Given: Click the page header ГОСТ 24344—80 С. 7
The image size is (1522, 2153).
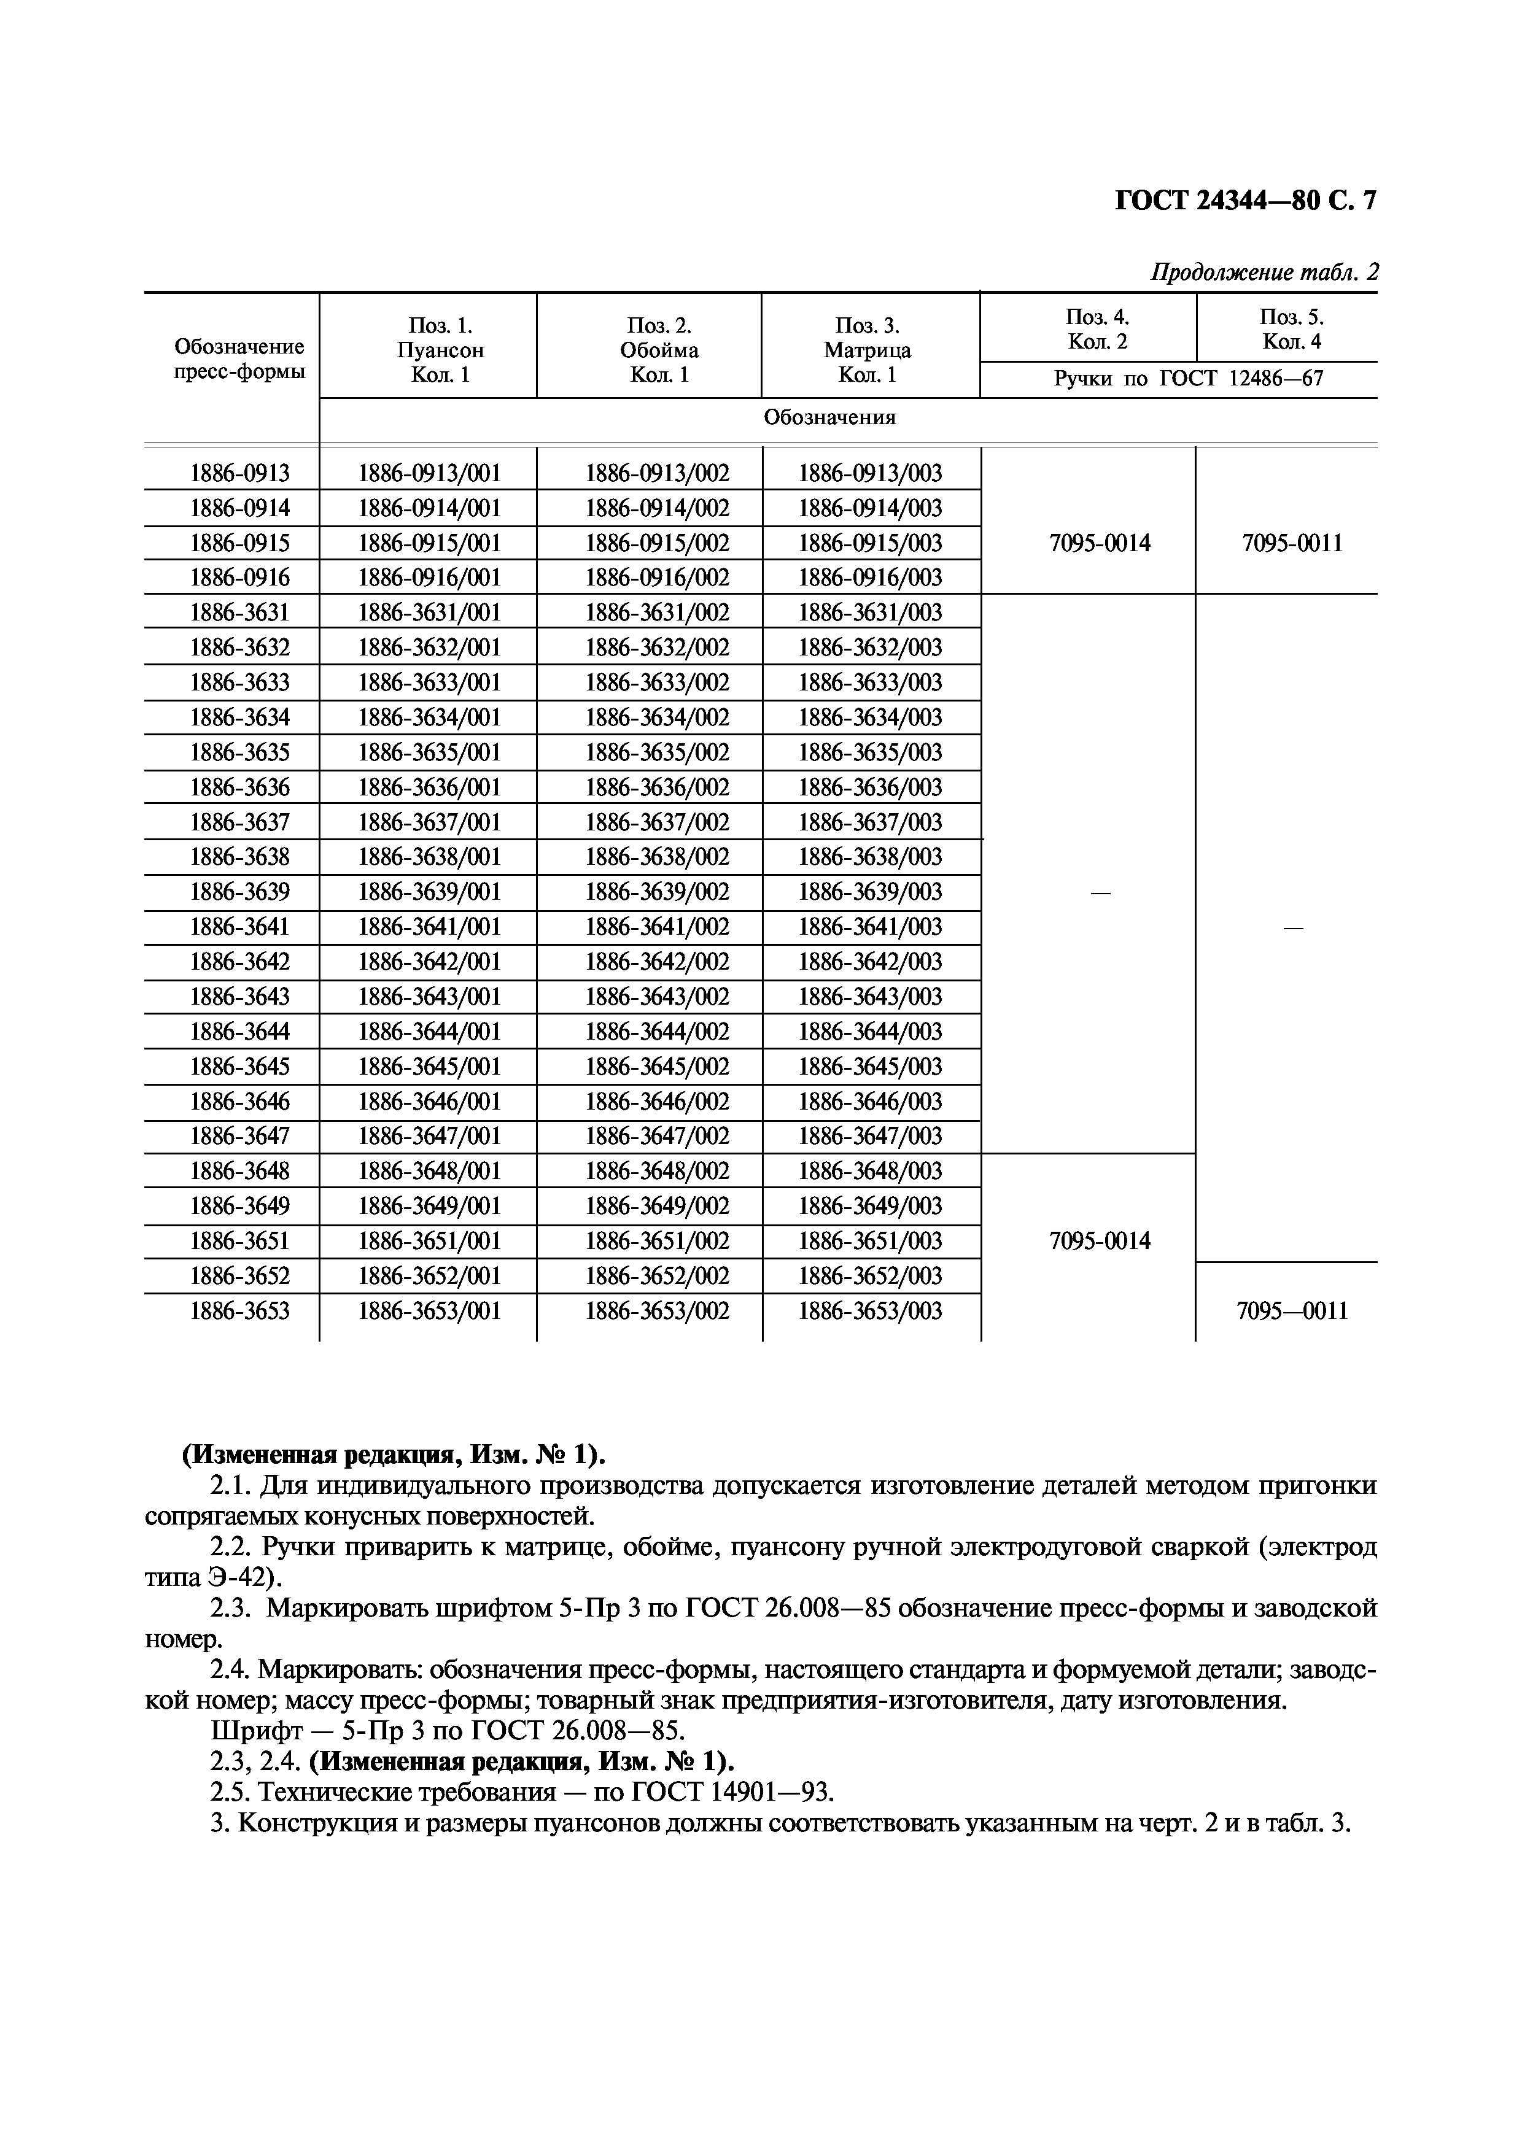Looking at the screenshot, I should coord(1245,201).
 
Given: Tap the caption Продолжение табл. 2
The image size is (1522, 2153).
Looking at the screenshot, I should coord(1264,273).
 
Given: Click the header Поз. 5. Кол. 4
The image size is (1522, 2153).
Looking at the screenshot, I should coord(1291,328).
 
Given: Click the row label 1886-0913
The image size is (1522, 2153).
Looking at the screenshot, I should coord(240,474).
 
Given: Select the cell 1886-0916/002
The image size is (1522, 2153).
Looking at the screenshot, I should coord(658,578).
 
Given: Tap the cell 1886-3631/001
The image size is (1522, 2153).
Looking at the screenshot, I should coord(430,613).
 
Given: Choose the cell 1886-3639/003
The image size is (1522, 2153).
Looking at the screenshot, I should coord(870,892).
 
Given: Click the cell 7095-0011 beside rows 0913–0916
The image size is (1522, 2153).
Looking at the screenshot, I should coord(1291,543).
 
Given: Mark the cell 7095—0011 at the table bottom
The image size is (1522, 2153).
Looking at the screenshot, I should coord(1291,1311).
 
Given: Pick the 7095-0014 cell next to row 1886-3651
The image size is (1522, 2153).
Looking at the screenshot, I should coord(1099,1242).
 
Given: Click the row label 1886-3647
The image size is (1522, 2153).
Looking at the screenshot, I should coord(240,1137).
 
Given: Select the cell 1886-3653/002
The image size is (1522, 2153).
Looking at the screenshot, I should coord(658,1311).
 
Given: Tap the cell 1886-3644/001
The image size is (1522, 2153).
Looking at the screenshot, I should coord(430,1032).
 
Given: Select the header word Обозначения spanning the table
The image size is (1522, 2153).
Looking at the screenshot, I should coord(829,417).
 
